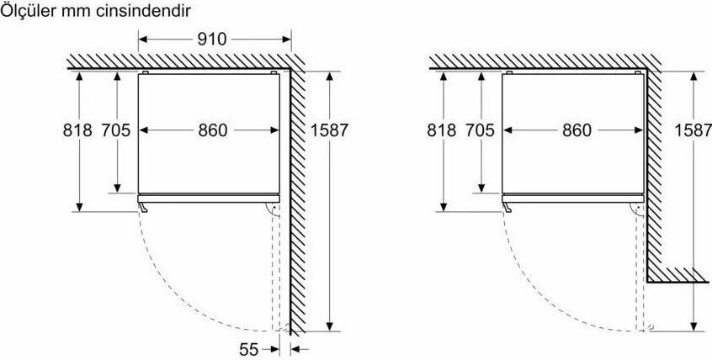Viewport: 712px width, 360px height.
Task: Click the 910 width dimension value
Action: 211,40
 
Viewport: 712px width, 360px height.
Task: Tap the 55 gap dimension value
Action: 249,350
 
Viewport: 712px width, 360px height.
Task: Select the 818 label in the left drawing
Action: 77,130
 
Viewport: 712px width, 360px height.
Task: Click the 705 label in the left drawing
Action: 116,130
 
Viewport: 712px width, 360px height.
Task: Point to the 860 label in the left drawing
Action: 213,130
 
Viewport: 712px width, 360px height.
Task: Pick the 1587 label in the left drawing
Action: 329,130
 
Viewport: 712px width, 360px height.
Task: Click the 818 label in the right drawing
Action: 441,130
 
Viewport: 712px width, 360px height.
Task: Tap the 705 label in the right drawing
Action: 480,130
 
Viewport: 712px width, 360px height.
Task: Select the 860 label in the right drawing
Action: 577,130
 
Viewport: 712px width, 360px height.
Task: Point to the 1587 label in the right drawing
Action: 693,130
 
